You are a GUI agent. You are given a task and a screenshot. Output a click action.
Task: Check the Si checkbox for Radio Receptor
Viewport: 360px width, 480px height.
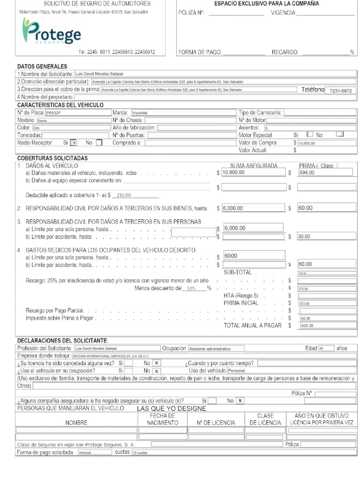point(74,142)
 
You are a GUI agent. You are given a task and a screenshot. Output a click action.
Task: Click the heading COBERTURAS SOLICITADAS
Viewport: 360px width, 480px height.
point(52,158)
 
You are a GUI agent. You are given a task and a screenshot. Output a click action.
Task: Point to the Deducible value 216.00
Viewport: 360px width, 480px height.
point(124,195)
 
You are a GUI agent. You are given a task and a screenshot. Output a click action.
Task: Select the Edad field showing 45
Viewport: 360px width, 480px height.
point(326,348)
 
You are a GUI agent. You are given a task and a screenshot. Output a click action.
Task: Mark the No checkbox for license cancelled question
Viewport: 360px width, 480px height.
point(157,363)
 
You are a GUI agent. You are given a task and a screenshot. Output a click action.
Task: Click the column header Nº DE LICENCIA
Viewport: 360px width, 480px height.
point(216,423)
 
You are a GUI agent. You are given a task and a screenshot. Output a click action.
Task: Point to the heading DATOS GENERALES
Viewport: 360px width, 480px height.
point(42,67)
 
